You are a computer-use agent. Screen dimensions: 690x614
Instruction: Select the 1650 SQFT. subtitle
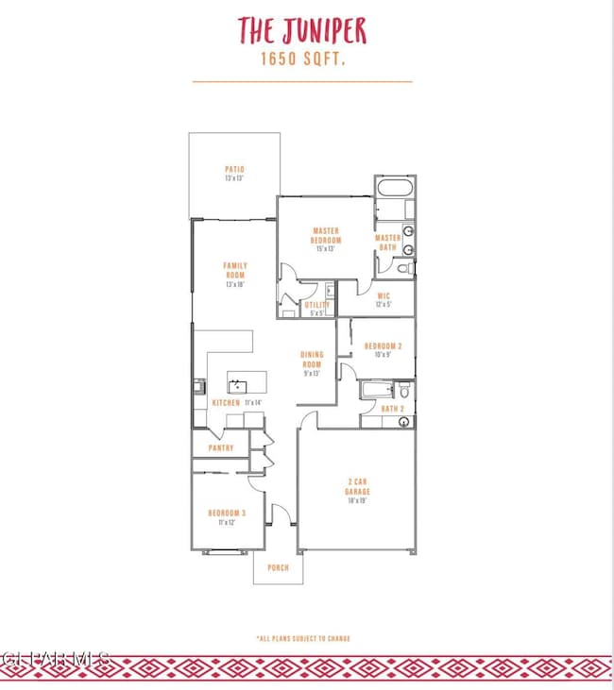[x=301, y=59]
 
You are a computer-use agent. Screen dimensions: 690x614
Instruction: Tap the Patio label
[x=234, y=170]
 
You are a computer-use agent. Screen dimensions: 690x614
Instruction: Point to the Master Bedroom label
[x=326, y=235]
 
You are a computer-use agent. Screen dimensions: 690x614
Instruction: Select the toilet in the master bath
[x=403, y=269]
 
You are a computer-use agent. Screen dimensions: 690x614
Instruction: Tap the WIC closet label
[x=384, y=295]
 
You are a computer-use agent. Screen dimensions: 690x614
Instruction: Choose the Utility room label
[x=316, y=305]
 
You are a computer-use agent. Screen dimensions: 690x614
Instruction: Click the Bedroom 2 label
[x=384, y=346]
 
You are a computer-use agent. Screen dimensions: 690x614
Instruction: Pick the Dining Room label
[x=312, y=359]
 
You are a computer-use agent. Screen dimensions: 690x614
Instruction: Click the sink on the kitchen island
[x=235, y=384]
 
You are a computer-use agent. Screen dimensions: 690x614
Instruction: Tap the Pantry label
[x=221, y=448]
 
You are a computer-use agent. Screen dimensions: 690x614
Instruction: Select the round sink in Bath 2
[x=403, y=422]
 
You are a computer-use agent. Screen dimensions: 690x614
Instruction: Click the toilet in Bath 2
[x=403, y=389]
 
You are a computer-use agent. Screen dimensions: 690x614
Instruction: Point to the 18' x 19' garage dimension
[x=357, y=501]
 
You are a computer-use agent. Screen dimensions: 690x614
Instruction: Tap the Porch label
[x=278, y=567]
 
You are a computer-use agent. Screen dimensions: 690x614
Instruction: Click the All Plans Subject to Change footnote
[x=302, y=638]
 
